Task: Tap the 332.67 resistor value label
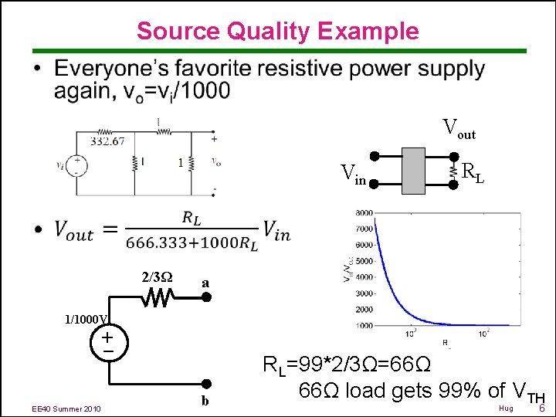107,141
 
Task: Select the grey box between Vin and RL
425,169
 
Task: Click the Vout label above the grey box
458,130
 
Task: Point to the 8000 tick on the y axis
363,213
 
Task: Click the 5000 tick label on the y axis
363,261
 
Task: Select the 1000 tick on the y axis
363,326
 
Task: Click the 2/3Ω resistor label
157,276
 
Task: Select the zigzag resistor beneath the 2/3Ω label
160,297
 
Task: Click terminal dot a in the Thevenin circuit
206,297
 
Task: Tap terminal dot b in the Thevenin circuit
206,384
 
